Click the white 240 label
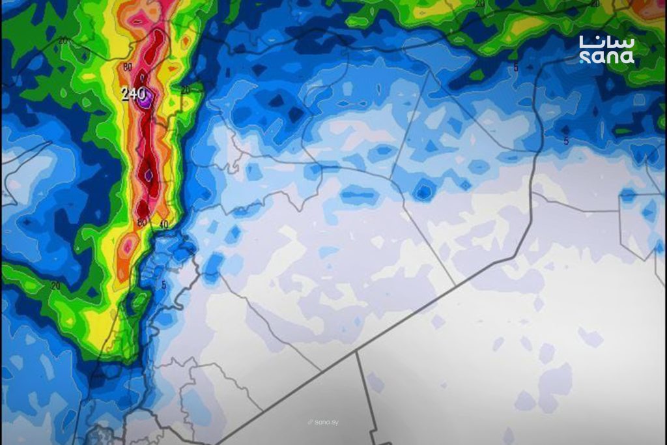pyautogui.click(x=133, y=94)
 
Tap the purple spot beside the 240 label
pyautogui.click(x=147, y=98)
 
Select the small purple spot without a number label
pyautogui.click(x=149, y=175)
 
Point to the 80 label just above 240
pyautogui.click(x=127, y=67)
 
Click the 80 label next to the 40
pyautogui.click(x=141, y=223)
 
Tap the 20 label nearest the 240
pyautogui.click(x=186, y=90)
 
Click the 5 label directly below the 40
pyautogui.click(x=163, y=284)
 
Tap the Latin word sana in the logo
pyautogui.click(x=606, y=57)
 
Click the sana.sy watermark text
pyautogui.click(x=326, y=422)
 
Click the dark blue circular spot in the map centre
pyautogui.click(x=424, y=191)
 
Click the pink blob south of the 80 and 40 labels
pyautogui.click(x=128, y=247)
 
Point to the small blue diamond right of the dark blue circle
pyautogui.click(x=465, y=185)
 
